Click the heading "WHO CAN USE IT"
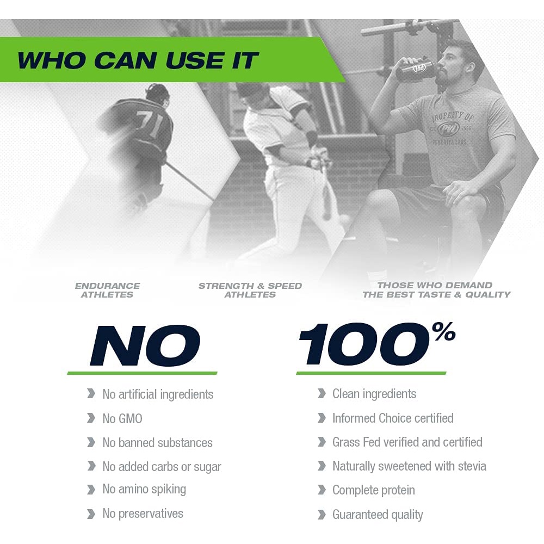click(x=138, y=60)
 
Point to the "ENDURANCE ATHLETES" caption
click(x=108, y=290)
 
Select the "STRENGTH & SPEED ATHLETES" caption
click(x=250, y=290)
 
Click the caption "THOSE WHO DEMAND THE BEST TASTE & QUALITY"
click(x=436, y=290)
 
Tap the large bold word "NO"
click(x=145, y=345)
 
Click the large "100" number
click(x=364, y=344)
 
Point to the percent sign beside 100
click(x=446, y=331)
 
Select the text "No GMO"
click(x=122, y=419)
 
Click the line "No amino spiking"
click(x=144, y=490)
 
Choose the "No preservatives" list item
click(x=143, y=514)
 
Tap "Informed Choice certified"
click(x=393, y=418)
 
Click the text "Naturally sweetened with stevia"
click(x=410, y=466)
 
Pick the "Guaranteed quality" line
click(x=378, y=515)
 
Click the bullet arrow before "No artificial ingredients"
click(x=91, y=394)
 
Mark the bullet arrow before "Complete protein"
click(x=322, y=490)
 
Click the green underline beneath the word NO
click(x=142, y=373)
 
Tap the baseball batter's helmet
click(x=248, y=91)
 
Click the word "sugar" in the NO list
click(x=207, y=467)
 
